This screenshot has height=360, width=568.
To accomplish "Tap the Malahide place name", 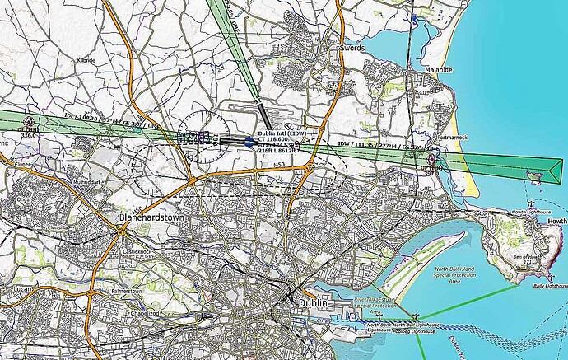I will [438, 70].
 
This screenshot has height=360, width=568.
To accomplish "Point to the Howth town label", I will [556, 222].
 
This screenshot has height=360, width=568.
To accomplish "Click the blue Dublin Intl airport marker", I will [249, 142].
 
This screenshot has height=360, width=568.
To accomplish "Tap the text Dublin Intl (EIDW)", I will [278, 133].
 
